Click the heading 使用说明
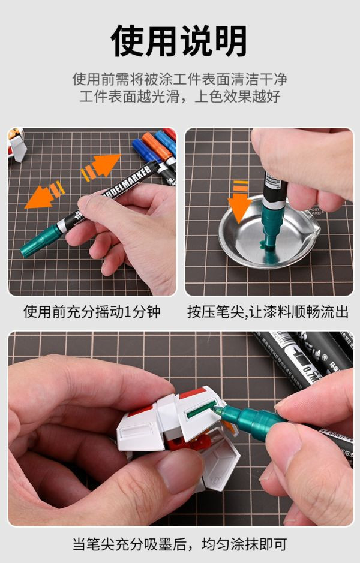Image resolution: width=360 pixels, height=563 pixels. pos(179,40)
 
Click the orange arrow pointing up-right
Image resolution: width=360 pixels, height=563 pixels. pos(102,167)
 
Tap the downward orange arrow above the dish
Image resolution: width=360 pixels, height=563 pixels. pos(239,202)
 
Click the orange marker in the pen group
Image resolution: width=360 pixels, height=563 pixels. pos(158,149)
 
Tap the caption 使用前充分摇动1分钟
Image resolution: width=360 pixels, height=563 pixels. pos(92,312)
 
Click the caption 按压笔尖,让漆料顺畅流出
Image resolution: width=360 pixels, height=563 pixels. pos(268,312)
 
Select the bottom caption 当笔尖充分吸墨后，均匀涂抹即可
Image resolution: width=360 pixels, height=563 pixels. pos(179,544)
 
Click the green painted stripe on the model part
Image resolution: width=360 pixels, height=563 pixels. pos(201,410)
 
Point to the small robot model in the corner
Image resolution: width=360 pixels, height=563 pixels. pos(17,144)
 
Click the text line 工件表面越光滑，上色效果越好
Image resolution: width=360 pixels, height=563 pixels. pos(179,96)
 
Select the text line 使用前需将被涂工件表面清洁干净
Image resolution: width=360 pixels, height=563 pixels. pos(179,79)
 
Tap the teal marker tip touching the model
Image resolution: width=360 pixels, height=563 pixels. pos(216,410)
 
